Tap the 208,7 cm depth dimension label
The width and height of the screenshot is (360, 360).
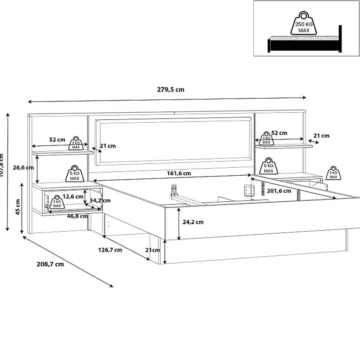50,264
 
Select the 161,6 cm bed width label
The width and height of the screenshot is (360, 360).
179,173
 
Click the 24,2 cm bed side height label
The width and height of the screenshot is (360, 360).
193,222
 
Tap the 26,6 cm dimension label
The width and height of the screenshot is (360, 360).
23,167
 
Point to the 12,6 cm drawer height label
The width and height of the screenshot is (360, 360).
73,196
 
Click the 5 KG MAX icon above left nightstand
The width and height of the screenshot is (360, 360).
75,174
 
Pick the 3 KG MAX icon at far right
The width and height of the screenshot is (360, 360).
333,173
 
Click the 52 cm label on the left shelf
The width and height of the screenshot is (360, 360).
57,140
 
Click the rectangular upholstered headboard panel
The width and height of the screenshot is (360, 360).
173,141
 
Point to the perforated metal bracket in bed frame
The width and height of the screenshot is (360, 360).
248,191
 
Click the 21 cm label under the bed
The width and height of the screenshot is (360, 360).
153,250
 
